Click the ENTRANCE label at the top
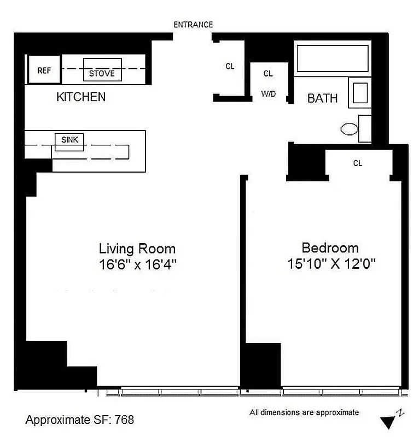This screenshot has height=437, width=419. tap(193, 25)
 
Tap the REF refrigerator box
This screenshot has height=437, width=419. tap(44, 70)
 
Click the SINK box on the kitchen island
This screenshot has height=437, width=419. tap(69, 140)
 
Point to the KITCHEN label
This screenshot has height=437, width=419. tap(81, 97)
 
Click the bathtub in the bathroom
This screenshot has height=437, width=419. tap(332, 58)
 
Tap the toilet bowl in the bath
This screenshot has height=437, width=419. tap(349, 129)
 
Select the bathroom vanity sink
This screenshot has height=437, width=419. tap(360, 92)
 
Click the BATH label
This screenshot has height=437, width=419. tap(322, 99)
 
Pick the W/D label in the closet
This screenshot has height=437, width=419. tap(268, 94)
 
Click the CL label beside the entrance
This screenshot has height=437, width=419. tap(230, 66)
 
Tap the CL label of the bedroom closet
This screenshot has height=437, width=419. tap(358, 163)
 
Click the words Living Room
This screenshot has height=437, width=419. tap(137, 249)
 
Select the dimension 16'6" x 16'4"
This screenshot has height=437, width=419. tap(137, 264)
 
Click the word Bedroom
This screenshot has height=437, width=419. tap(330, 248)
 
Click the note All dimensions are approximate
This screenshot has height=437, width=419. tap(304, 412)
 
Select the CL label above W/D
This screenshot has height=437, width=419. tap(268, 73)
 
